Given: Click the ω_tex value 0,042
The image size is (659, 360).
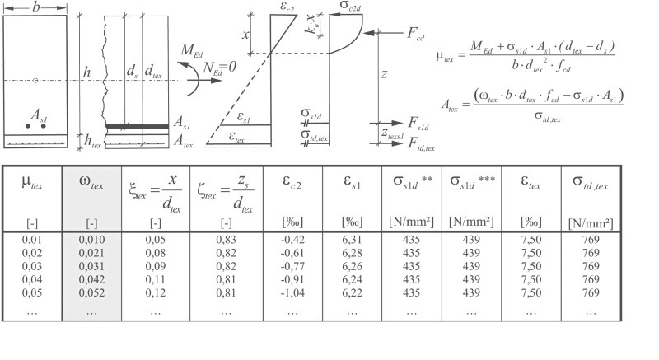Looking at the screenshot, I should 91,279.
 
